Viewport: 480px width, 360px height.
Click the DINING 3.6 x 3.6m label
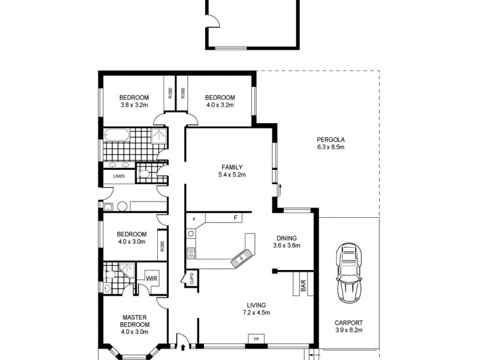click(x=286, y=241)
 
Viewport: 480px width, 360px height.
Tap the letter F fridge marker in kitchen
click(x=236, y=218)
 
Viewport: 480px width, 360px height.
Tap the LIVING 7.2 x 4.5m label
click(x=256, y=309)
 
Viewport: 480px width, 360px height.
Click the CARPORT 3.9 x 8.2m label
click(x=348, y=326)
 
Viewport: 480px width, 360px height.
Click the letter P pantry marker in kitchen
click(x=194, y=220)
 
